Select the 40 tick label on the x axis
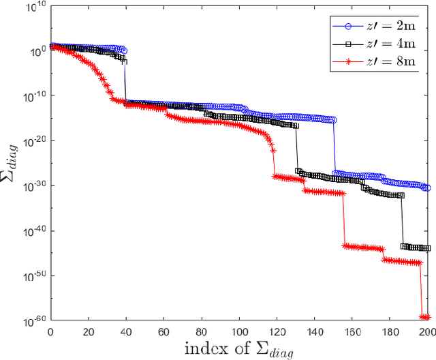click(125, 332)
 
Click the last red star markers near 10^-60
click(425, 317)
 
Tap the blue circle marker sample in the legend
click(348, 27)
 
